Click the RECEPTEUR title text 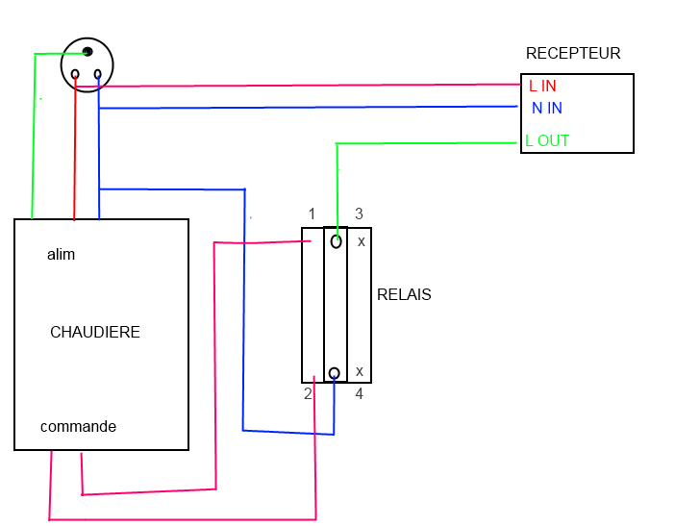point(573,54)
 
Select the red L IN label point(542,86)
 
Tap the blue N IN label point(546,109)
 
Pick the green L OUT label point(547,140)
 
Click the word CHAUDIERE point(95,333)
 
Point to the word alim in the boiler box point(61,255)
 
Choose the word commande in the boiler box point(78,426)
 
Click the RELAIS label point(404,295)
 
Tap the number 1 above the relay point(312,213)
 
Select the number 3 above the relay point(359,213)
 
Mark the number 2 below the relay point(308,394)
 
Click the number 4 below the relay point(359,394)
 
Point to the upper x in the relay point(361,241)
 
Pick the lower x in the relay point(360,371)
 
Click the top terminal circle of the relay point(336,241)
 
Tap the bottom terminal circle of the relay point(334,373)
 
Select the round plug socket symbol point(87,65)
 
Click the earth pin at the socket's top point(87,51)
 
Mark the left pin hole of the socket point(75,74)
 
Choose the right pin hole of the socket point(97,74)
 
